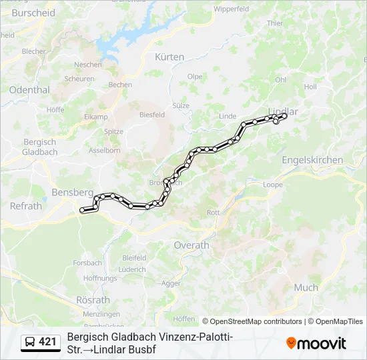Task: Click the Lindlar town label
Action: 283,111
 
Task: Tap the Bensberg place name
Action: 71,192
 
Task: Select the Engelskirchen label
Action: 312,160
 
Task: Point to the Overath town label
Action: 192,245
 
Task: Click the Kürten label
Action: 169,57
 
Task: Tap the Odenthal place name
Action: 29,89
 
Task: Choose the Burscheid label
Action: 33,13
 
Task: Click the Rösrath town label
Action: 93,300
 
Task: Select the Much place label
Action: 306,287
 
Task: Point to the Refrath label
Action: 26,206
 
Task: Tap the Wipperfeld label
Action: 232,9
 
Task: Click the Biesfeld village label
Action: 152,115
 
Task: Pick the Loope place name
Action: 273,185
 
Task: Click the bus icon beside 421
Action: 31,342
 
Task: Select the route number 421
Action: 48,342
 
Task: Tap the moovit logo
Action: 316,343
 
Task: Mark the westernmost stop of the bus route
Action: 83,211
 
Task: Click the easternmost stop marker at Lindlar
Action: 284,116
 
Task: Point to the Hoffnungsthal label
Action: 100,278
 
